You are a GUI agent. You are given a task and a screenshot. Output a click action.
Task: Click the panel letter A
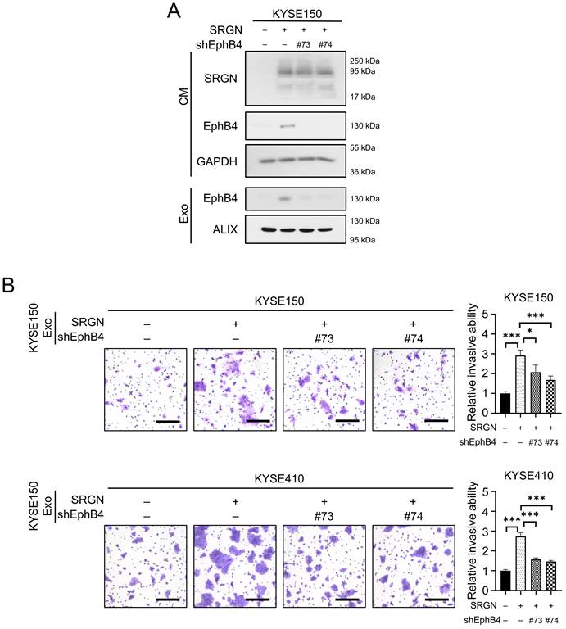174,11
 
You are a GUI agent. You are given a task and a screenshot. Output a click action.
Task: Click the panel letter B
11,287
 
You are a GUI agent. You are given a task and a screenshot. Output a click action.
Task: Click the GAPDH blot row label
217,161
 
